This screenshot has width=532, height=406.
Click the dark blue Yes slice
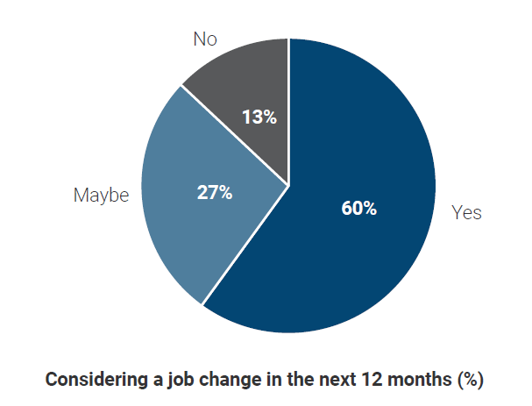[368, 254]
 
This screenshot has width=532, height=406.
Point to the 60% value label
[358, 209]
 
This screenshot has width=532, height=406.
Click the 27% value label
[214, 193]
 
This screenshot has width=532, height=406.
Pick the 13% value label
[259, 117]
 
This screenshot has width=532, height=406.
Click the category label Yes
[466, 213]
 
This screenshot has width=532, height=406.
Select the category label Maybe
[101, 196]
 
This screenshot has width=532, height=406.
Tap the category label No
[205, 40]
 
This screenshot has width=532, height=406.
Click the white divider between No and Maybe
[235, 135]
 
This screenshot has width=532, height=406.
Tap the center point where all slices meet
[288, 185]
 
